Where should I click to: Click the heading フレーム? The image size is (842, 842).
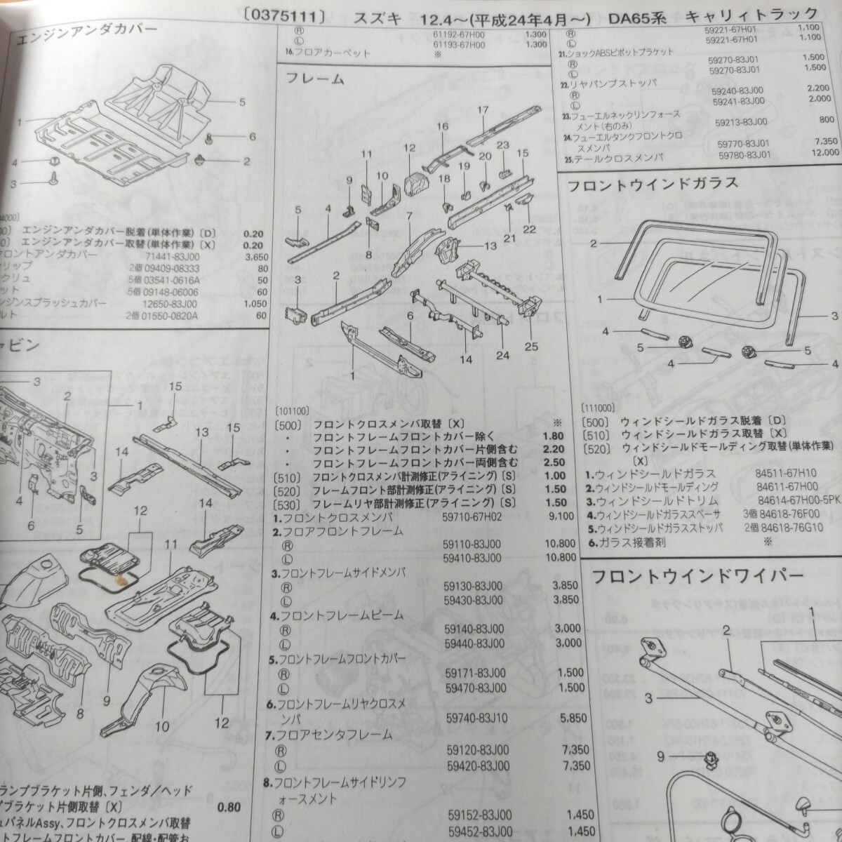(315, 79)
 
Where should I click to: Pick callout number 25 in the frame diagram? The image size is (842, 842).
(530, 346)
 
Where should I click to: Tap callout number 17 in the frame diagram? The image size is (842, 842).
(482, 110)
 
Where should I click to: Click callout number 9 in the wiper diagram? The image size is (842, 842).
(660, 756)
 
